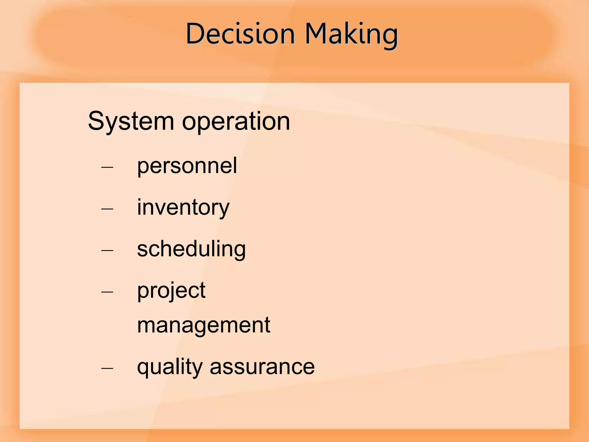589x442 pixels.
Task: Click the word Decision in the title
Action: pos(240,34)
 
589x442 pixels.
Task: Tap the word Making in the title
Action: pos(351,34)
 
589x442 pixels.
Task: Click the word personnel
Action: pos(187,166)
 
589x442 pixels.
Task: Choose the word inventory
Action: pos(183,208)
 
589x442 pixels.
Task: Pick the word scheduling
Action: pos(191,249)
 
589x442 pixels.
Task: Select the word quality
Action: pos(170,368)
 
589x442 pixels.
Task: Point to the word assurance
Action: pos(262,367)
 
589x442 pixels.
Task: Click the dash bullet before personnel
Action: pos(107,167)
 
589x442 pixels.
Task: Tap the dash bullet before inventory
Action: pos(107,209)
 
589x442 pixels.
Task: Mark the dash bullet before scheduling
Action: pos(107,250)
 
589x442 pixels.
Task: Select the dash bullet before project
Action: pos(107,292)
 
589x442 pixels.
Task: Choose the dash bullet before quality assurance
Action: pos(107,368)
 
